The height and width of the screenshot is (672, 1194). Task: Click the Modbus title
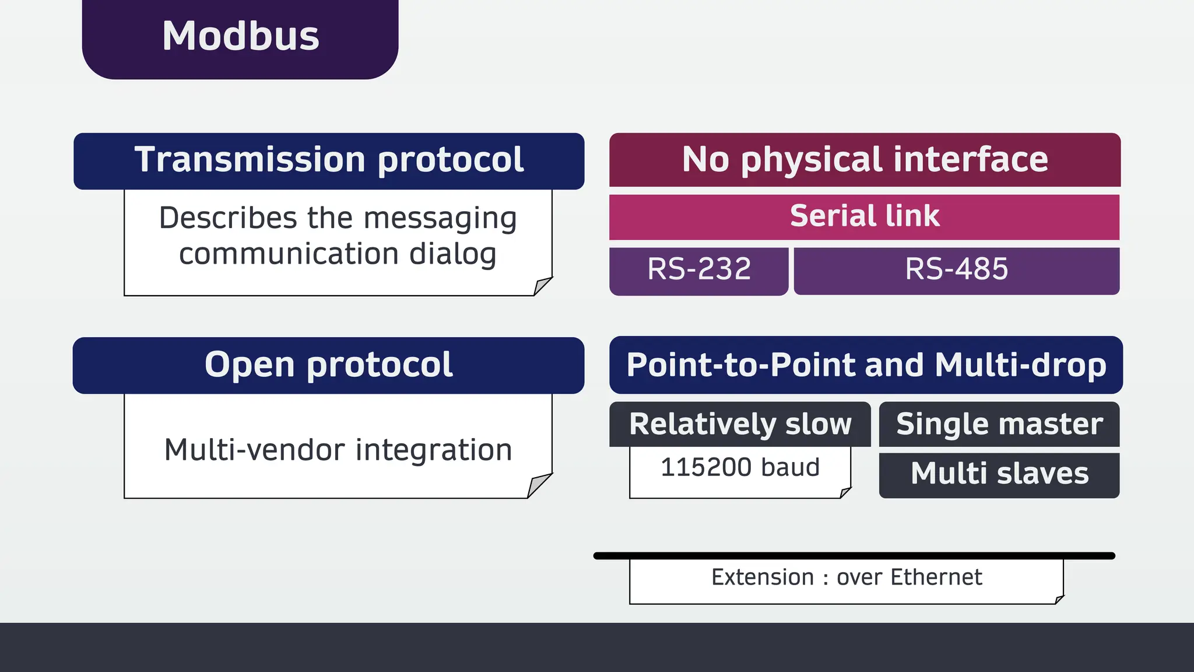pyautogui.click(x=240, y=36)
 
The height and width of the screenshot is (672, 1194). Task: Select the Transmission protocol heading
pyautogui.click(x=329, y=160)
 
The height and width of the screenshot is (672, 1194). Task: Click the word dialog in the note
pyautogui.click(x=452, y=255)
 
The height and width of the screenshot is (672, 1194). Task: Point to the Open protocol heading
pyautogui.click(x=328, y=365)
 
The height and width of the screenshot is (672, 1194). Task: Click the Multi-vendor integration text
pyautogui.click(x=338, y=450)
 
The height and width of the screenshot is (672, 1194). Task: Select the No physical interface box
pyautogui.click(x=865, y=160)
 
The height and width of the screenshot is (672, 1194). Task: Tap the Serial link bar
pyautogui.click(x=864, y=216)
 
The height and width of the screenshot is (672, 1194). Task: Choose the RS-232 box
pyautogui.click(x=698, y=270)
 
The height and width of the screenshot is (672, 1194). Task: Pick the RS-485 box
pyautogui.click(x=956, y=270)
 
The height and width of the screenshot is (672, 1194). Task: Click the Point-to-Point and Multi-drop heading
pyautogui.click(x=866, y=365)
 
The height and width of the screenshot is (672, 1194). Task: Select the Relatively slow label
pyautogui.click(x=740, y=424)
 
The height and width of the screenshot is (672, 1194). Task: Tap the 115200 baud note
pyautogui.click(x=740, y=468)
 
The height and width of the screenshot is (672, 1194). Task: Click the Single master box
pyautogui.click(x=999, y=424)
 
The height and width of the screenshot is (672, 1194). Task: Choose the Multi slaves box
pyautogui.click(x=999, y=474)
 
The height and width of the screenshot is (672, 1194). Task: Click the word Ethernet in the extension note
pyautogui.click(x=936, y=577)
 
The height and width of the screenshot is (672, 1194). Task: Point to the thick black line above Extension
pyautogui.click(x=854, y=556)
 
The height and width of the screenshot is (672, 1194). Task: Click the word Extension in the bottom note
pyautogui.click(x=762, y=577)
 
